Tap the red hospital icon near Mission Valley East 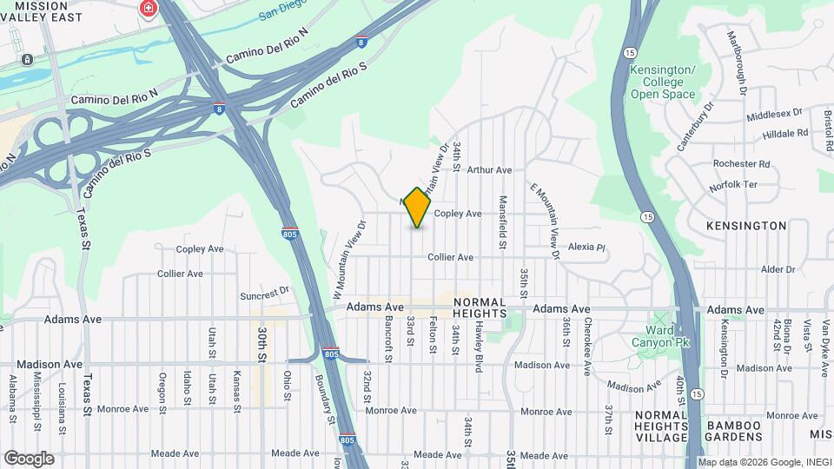149,9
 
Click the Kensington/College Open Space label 663,82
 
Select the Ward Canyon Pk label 667,336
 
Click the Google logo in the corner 29,458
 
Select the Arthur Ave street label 489,171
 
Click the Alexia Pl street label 586,248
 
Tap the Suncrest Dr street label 264,292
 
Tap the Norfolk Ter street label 735,184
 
